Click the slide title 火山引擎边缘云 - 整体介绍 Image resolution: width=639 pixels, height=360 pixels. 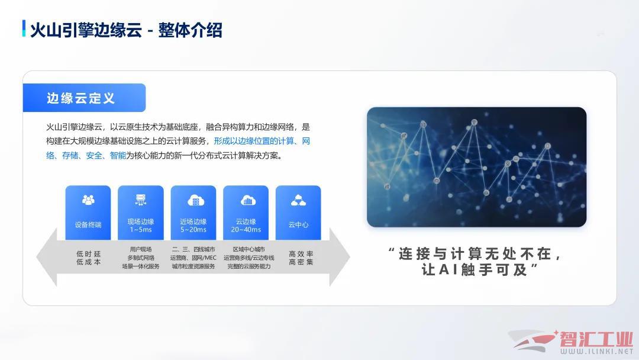click(127, 30)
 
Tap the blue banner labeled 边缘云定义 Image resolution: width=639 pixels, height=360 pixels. click(85, 98)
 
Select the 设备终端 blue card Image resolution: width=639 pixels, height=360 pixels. click(88, 213)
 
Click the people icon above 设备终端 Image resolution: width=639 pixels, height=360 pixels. click(88, 200)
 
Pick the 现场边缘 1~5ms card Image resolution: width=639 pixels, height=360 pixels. click(141, 213)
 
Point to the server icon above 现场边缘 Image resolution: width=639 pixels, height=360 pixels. click(141, 200)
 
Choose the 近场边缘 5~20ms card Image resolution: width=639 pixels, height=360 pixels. click(193, 213)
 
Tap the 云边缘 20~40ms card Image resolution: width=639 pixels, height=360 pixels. click(246, 213)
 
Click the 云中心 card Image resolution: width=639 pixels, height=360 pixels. click(298, 213)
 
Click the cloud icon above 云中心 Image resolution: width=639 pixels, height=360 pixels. click(298, 200)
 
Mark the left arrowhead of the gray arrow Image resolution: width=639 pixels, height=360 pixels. click(47, 257)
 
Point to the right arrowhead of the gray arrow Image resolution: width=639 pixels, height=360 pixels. click(339, 257)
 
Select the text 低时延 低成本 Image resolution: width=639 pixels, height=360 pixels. click(88, 258)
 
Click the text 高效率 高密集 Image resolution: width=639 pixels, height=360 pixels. click(301, 258)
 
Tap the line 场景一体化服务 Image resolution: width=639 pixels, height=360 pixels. click(141, 266)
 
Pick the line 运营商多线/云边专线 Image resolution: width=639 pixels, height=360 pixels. click(248, 258)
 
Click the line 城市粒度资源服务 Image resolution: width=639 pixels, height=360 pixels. click(193, 266)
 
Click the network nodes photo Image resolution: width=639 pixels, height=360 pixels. click(476, 167)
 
